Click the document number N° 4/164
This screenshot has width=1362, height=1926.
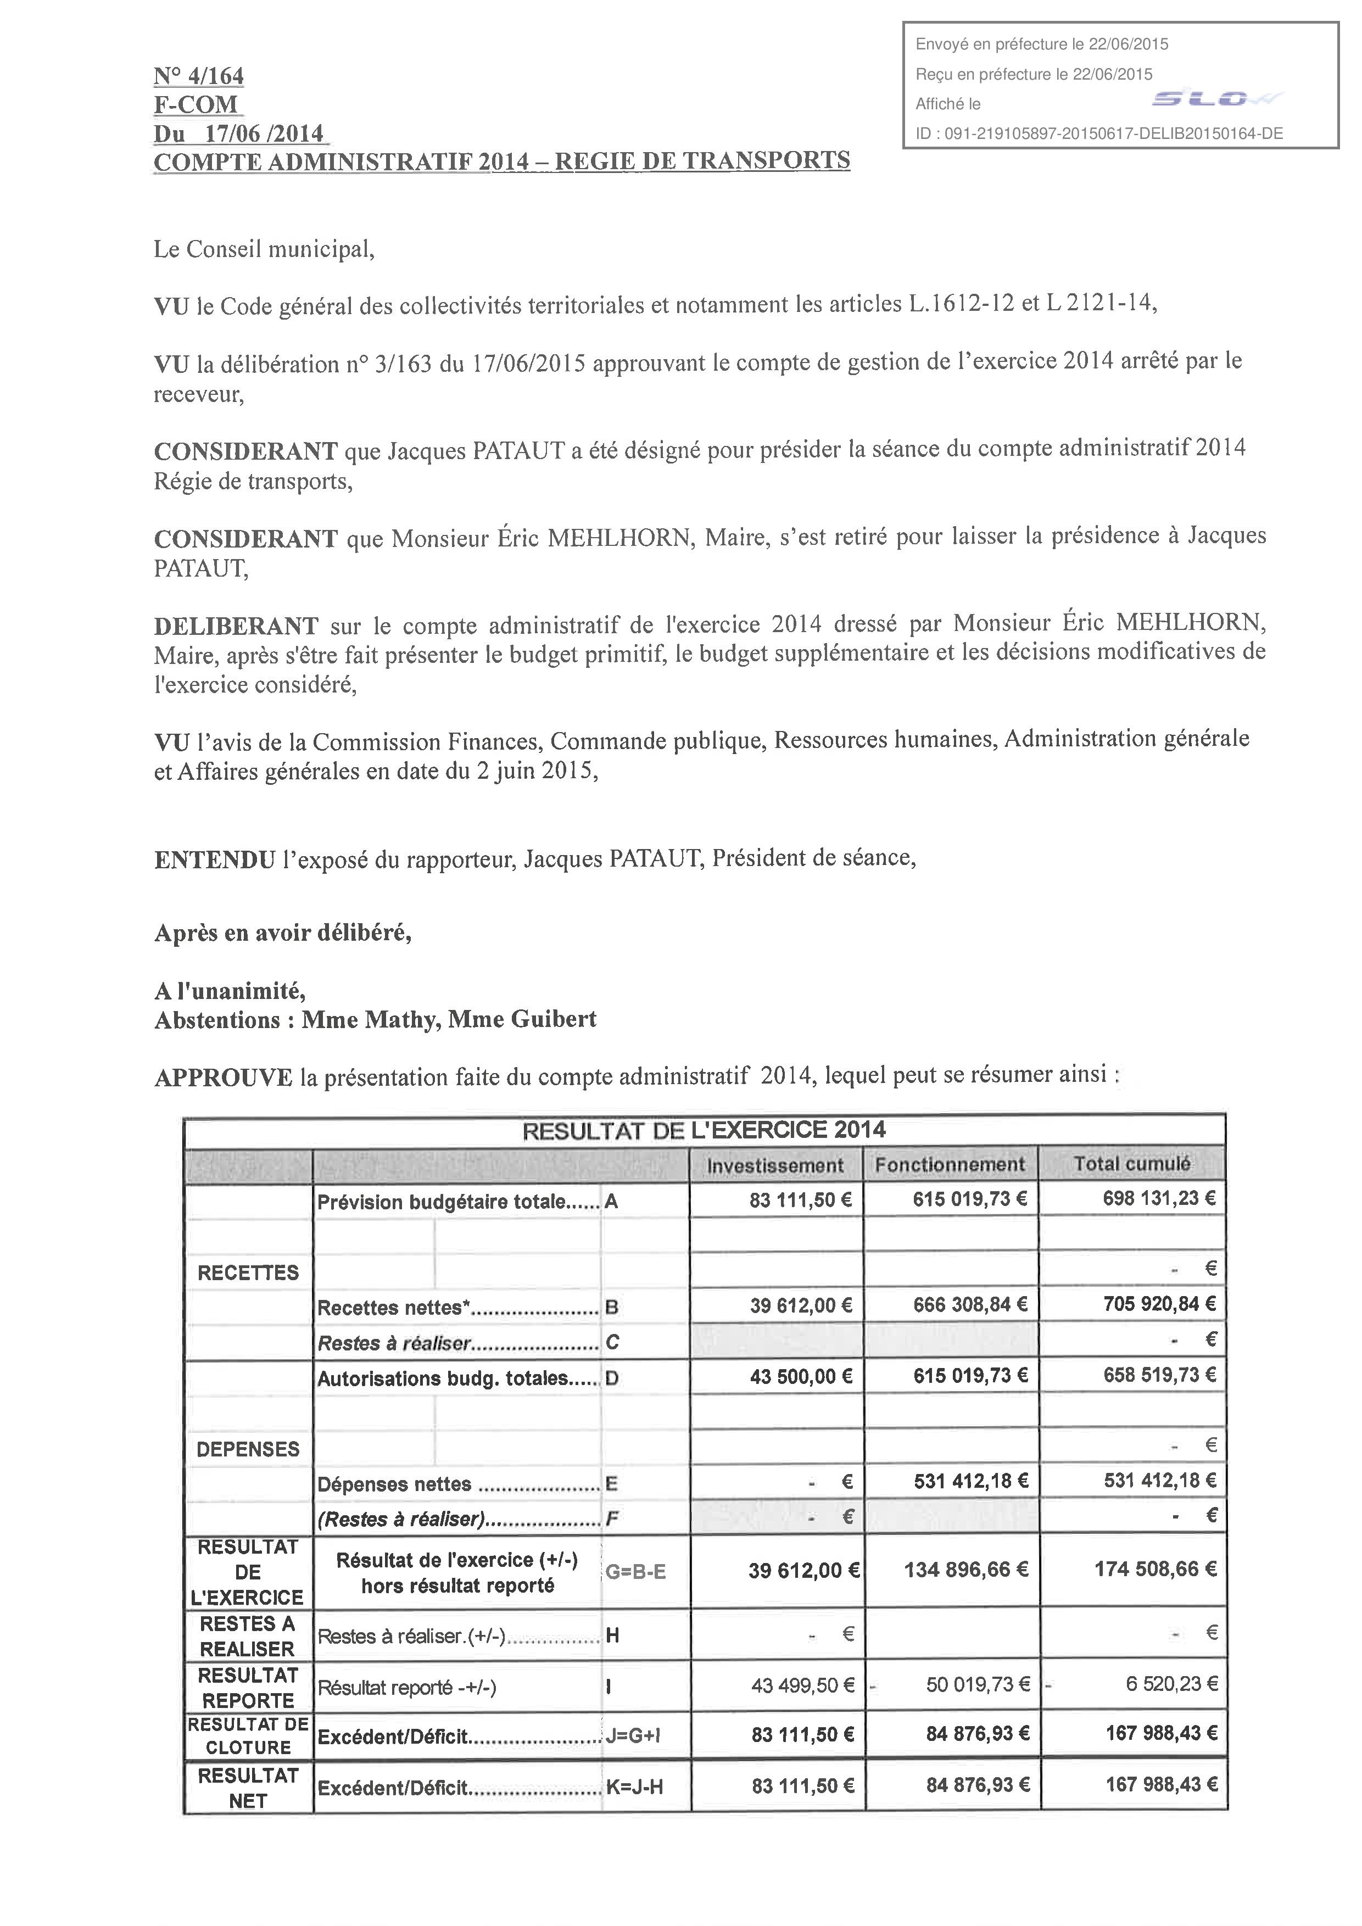pyautogui.click(x=199, y=76)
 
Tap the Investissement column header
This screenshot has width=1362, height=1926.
pyautogui.click(x=775, y=1165)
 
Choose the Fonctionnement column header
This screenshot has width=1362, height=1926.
pyautogui.click(x=950, y=1164)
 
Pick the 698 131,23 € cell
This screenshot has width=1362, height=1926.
pyautogui.click(x=1158, y=1199)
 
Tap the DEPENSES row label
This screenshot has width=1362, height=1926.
pyautogui.click(x=247, y=1449)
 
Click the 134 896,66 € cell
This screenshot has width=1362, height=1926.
pyautogui.click(x=965, y=1570)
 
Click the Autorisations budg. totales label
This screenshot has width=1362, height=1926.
pyautogui.click(x=457, y=1378)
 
